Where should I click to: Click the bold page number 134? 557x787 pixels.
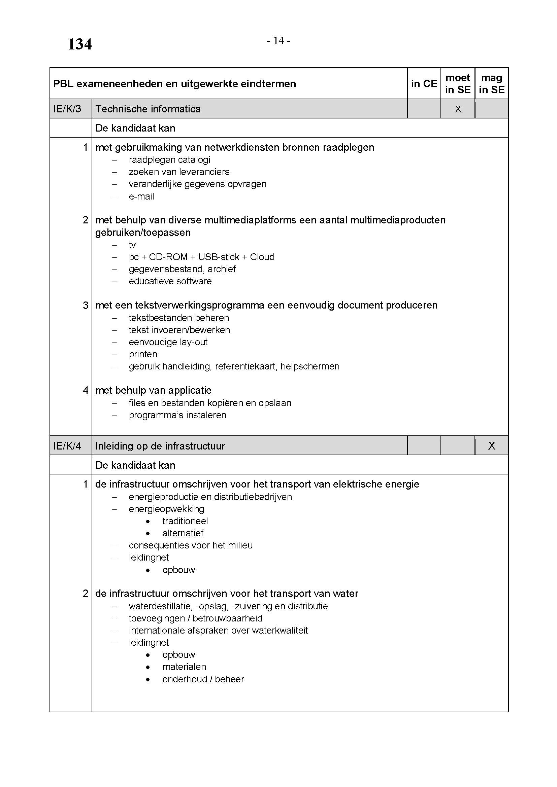point(79,44)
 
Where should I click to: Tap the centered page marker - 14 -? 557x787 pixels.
point(278,41)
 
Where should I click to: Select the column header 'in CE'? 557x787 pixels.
point(424,84)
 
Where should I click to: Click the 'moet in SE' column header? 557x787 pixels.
point(458,84)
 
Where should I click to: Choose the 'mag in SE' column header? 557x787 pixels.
point(491,84)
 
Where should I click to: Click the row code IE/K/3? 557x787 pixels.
point(67,109)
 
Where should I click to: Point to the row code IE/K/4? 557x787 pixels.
point(67,446)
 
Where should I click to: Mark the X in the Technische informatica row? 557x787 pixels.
point(458,109)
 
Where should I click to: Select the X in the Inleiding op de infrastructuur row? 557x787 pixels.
point(491,446)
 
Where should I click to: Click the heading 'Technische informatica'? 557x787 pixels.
point(148,109)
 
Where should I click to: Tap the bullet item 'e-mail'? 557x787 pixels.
point(141,196)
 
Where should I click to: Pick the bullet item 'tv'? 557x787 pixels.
point(132,245)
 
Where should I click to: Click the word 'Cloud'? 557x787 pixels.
point(262,257)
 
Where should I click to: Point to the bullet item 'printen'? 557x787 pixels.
point(143,354)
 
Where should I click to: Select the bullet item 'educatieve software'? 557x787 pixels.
point(170,281)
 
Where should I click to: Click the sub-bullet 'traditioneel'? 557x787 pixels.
point(185,521)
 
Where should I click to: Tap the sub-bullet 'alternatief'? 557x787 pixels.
point(183,533)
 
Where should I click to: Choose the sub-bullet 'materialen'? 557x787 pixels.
point(184,667)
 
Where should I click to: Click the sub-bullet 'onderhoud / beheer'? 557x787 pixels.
point(203,679)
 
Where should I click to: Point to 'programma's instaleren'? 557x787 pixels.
point(177,415)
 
